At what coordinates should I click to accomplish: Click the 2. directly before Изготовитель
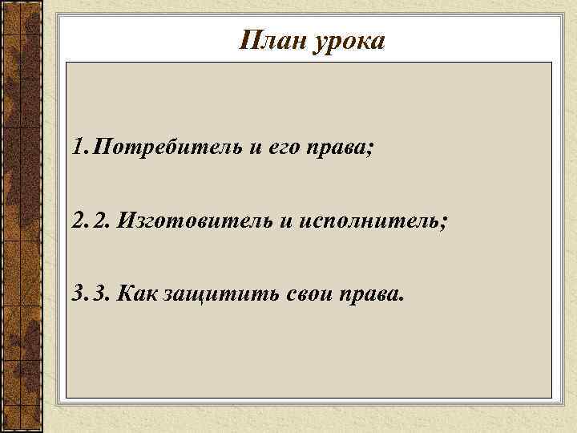(102, 221)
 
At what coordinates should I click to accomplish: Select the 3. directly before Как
(102, 293)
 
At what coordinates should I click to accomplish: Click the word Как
(137, 293)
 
